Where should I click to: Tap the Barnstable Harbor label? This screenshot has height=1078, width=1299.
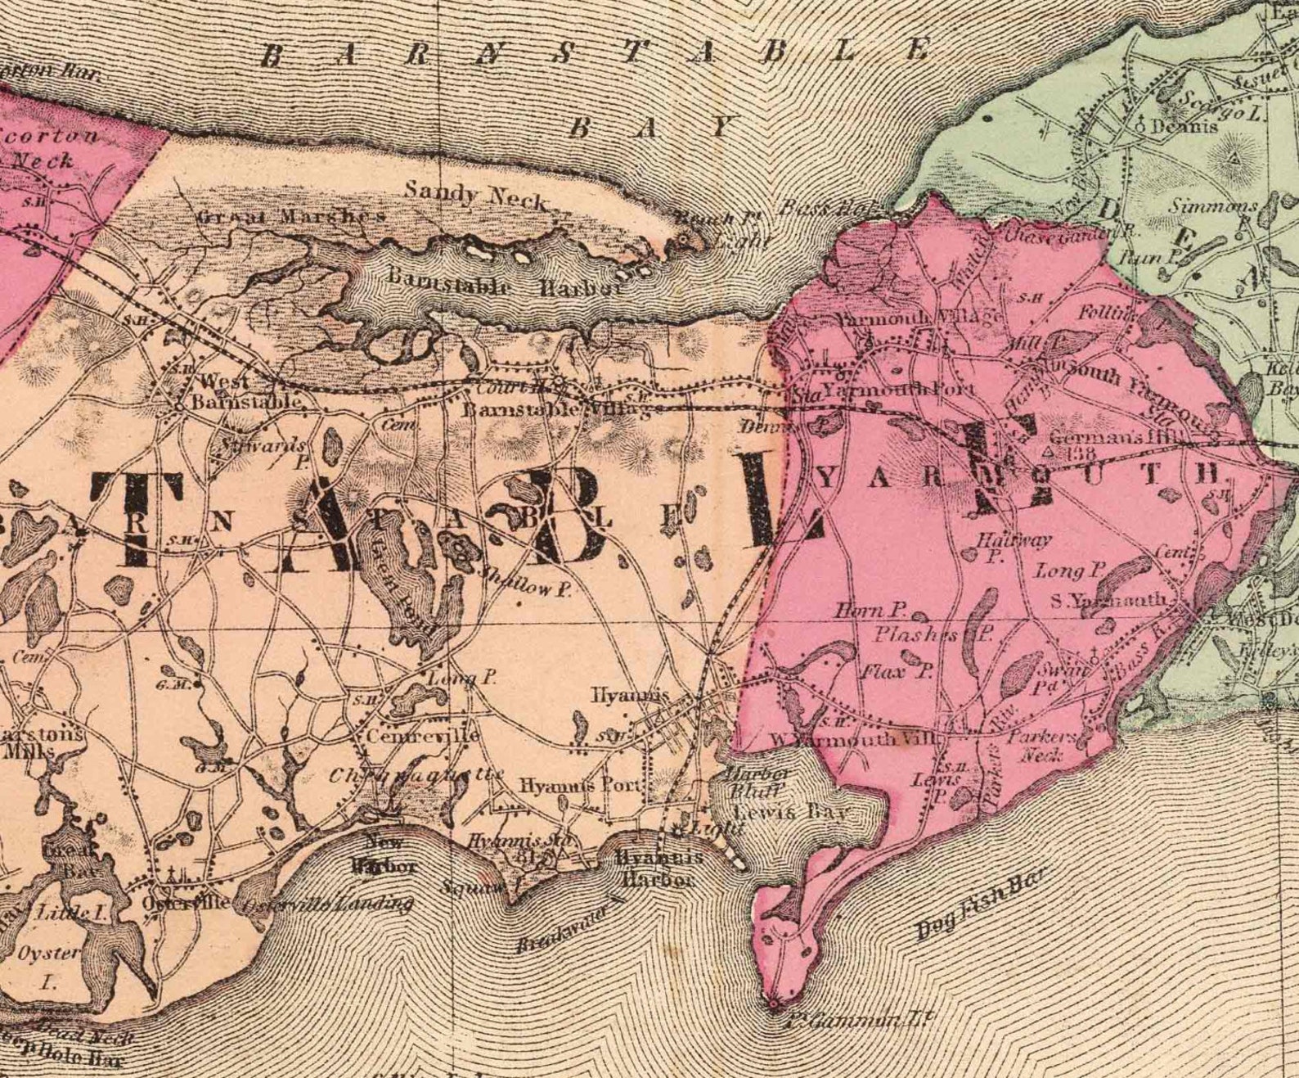505,282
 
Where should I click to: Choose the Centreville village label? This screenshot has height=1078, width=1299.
422,735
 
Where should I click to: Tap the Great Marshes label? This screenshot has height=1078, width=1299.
290,217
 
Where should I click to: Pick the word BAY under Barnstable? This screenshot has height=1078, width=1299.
650,128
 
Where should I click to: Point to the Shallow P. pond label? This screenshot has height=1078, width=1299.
525,583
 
